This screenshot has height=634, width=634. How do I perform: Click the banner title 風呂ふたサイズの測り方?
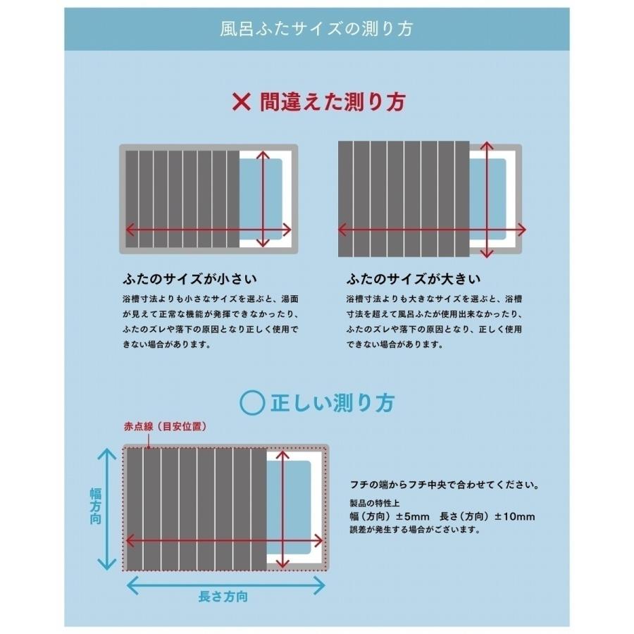[x=316, y=29]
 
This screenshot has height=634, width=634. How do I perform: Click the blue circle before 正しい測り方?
[x=251, y=402]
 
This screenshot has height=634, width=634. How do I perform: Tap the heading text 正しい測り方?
[x=332, y=402]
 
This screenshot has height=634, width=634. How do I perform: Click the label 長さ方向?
[x=223, y=597]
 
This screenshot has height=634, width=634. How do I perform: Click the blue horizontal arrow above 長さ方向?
[x=225, y=583]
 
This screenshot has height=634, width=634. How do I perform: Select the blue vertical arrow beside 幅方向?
[x=107, y=509]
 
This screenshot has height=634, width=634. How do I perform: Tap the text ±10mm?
[x=514, y=516]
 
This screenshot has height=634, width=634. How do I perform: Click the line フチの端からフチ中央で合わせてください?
[x=445, y=485]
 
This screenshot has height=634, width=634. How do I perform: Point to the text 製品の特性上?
[x=373, y=503]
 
